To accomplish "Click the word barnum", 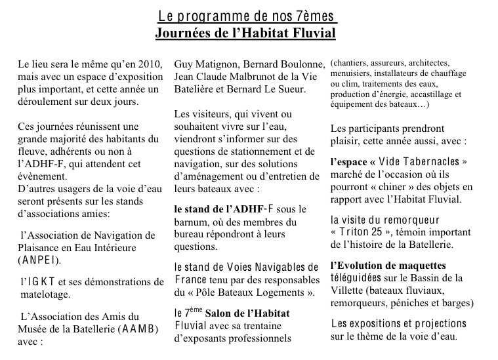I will [x=192, y=222].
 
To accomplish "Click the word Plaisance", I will [x=42, y=247].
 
